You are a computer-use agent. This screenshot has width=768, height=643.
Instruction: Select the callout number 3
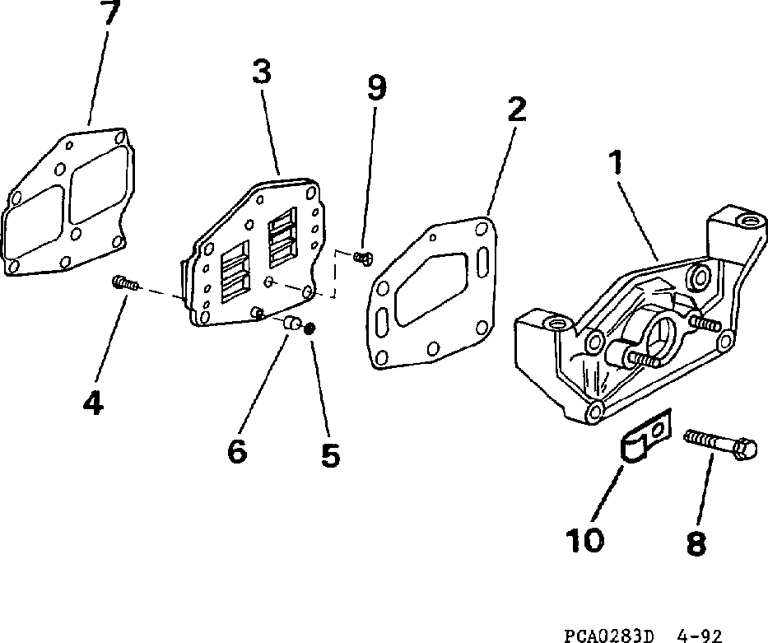(x=261, y=72)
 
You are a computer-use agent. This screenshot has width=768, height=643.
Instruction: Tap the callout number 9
(x=376, y=87)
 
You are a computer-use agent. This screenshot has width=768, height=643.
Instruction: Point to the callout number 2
(x=517, y=110)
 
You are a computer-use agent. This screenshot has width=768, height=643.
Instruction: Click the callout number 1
(x=614, y=162)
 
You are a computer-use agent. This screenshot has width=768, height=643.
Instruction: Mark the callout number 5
(x=330, y=454)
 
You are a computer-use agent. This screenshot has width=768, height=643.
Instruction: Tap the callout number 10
(x=584, y=539)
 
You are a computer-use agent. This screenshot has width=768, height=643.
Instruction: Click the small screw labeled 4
(x=124, y=284)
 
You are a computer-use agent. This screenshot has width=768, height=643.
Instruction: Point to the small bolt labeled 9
(x=362, y=258)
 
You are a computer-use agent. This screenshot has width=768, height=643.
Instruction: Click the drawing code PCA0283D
(x=609, y=635)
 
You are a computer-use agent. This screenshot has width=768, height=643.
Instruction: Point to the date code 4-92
(x=700, y=635)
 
